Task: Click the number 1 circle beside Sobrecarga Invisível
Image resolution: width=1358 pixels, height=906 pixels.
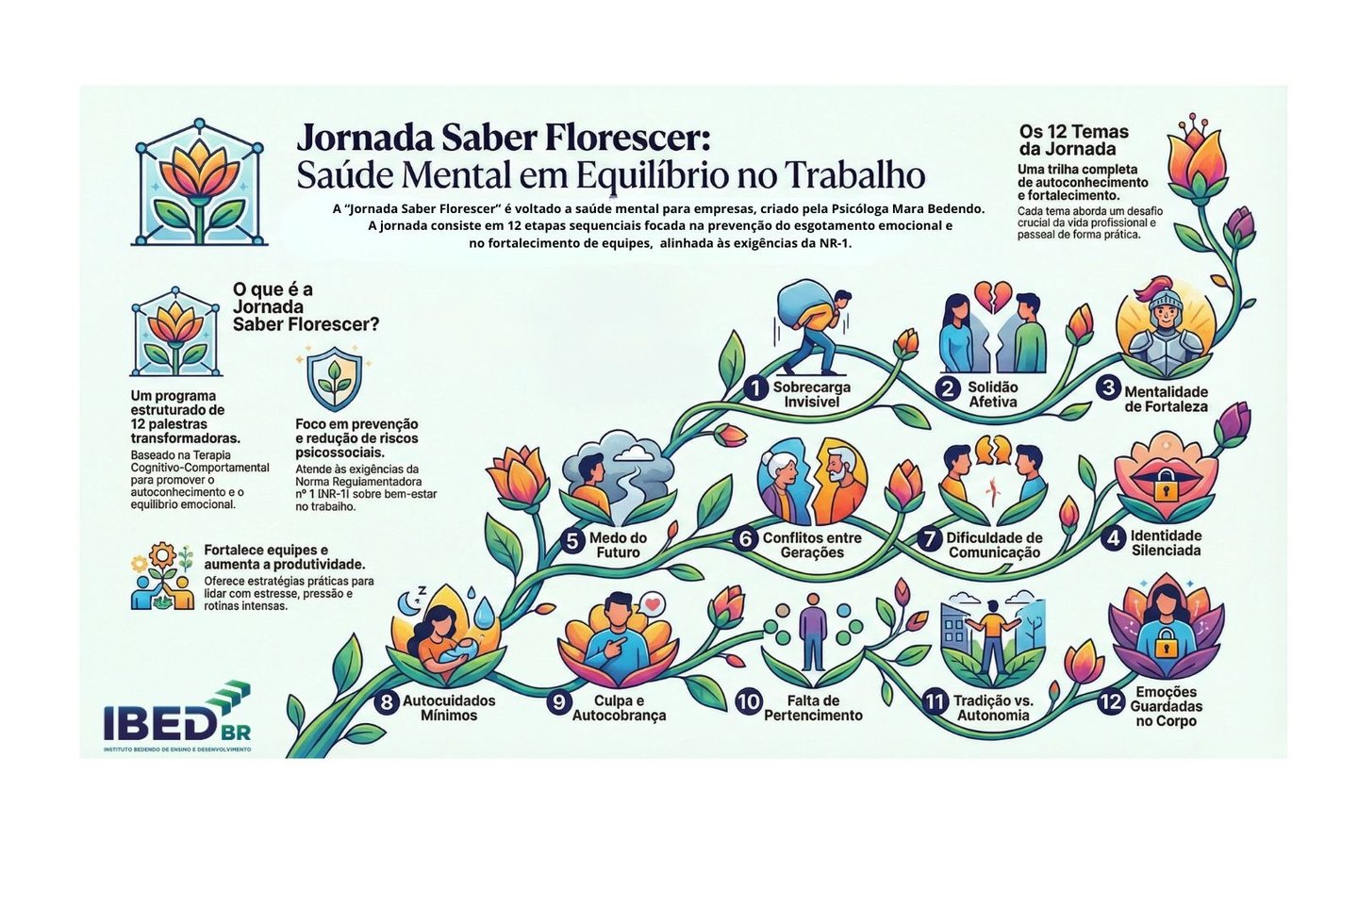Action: click(x=754, y=388)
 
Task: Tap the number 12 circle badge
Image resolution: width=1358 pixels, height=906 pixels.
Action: click(x=1110, y=702)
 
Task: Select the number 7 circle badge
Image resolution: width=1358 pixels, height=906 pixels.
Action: click(x=930, y=539)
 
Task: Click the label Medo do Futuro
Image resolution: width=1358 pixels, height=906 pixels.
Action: click(x=618, y=545)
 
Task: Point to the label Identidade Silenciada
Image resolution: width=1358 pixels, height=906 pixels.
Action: click(x=1166, y=542)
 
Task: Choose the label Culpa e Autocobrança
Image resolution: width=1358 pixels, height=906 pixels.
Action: click(x=619, y=708)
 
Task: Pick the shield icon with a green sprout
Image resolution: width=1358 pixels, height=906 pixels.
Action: click(x=334, y=380)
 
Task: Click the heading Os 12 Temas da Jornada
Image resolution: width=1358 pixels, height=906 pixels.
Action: click(x=1073, y=140)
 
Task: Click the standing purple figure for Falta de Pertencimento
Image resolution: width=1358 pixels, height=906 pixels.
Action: click(x=811, y=634)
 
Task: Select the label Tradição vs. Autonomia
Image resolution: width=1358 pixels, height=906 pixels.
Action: click(x=993, y=708)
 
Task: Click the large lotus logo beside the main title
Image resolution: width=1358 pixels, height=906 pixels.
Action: click(x=199, y=184)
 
